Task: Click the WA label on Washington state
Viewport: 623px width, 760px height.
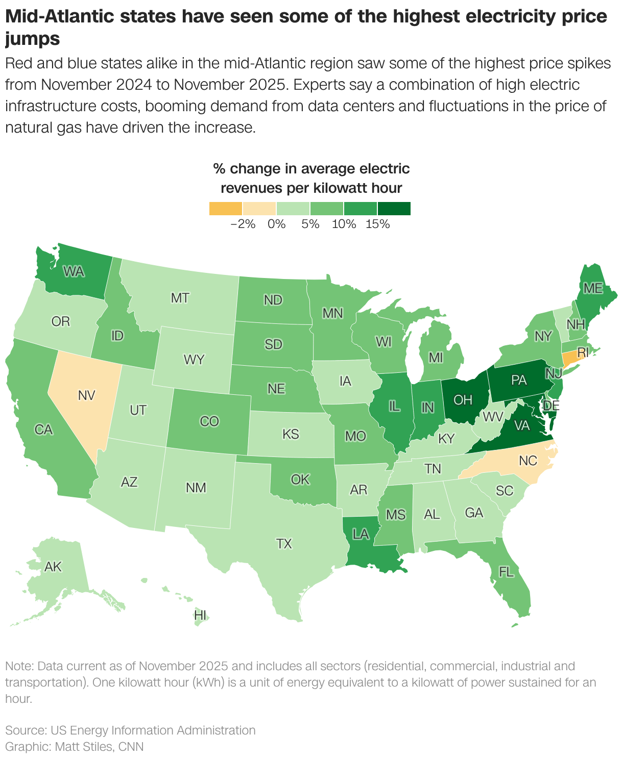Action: click(74, 272)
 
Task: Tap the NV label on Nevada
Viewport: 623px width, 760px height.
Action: click(86, 395)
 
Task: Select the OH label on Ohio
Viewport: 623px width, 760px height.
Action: click(463, 399)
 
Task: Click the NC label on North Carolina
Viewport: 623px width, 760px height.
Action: click(528, 461)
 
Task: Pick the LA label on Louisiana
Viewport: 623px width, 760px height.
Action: click(361, 534)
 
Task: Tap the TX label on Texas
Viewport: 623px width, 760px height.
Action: click(284, 544)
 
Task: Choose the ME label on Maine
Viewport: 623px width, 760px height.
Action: click(593, 288)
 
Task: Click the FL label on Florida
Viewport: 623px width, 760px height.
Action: click(506, 572)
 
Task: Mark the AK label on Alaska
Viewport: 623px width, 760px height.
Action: click(53, 567)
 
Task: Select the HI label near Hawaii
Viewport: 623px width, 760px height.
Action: click(200, 616)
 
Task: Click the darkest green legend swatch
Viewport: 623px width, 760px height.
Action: click(394, 209)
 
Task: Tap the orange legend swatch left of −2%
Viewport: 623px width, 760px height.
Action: click(225, 209)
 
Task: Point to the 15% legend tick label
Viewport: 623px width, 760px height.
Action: click(377, 224)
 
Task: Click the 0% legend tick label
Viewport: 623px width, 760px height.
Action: click(276, 224)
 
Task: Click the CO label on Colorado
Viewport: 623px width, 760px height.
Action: click(209, 421)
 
